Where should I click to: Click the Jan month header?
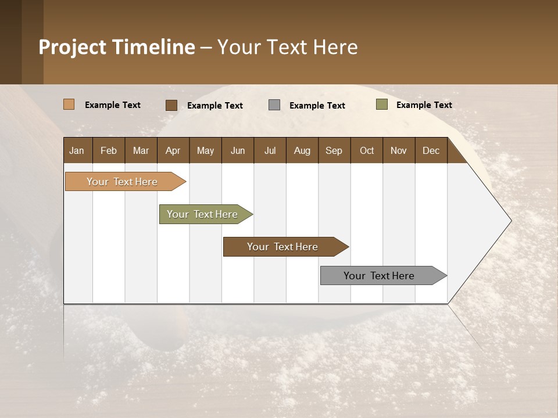coord(77,150)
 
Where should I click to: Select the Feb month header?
coord(109,150)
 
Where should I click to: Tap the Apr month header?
coord(173,150)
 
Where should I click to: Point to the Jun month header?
coord(238,150)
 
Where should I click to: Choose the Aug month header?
coord(302,150)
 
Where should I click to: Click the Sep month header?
coord(334,150)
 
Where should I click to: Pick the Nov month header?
coord(398,150)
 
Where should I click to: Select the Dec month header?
coord(431,150)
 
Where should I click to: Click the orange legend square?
coord(69,105)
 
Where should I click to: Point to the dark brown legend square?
coord(171,105)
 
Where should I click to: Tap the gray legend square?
coord(274,105)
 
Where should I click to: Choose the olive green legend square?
coord(381,105)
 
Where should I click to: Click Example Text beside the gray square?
coord(317,105)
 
